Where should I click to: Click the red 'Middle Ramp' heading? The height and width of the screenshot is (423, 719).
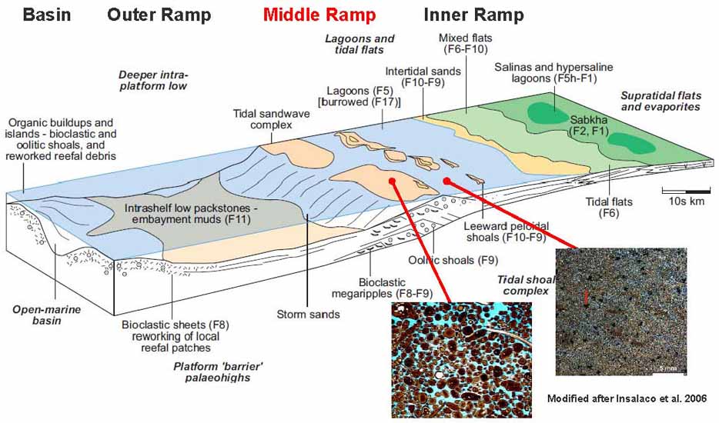pos(319,15)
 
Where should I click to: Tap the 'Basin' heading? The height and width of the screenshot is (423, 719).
pos(47,15)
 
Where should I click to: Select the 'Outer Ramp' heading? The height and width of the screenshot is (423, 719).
pos(158,15)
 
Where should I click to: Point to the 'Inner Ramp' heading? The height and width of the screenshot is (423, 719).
pos(474,15)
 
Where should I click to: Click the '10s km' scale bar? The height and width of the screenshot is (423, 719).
pos(685,195)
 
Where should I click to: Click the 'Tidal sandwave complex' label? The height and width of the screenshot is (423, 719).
pos(265,120)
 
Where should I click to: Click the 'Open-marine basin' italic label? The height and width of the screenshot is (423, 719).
pos(36,315)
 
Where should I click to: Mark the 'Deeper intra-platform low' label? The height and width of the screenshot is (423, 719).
pos(153,80)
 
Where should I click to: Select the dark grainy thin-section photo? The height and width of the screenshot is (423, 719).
pos(620,311)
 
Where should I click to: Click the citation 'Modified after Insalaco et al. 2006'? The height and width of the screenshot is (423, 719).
pos(628,398)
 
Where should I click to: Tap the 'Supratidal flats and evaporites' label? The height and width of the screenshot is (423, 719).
pos(660,101)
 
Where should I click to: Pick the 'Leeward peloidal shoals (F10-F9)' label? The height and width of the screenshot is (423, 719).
pos(506,231)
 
